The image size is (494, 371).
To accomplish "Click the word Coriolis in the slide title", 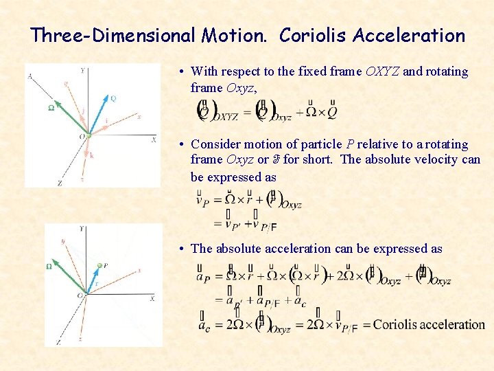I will tap(313, 36).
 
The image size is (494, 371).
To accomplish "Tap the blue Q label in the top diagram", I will tap(113, 98).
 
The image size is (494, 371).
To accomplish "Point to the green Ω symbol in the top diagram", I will tap(51, 108).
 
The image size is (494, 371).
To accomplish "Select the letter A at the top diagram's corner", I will tap(30, 76).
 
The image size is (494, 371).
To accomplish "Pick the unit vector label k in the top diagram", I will tap(91, 155).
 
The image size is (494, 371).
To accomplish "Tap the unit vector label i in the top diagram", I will tap(106, 120).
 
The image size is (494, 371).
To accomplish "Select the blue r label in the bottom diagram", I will tap(96, 282).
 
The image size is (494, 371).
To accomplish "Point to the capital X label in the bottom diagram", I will tap(152, 298).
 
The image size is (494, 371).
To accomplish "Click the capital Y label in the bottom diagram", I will tap(82, 228).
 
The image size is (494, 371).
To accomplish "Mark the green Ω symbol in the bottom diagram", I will tap(49, 267).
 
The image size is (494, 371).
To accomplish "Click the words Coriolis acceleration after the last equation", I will tap(429, 324).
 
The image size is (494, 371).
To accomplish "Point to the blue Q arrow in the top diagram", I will tap(98, 115).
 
